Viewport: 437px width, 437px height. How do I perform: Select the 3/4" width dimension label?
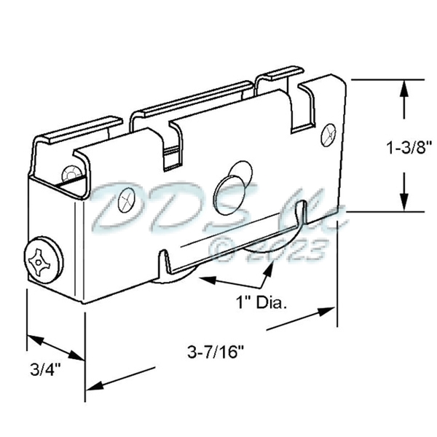click(45, 368)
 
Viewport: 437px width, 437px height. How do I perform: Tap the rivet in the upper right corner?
click(326, 133)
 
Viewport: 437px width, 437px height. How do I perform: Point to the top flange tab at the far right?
click(280, 73)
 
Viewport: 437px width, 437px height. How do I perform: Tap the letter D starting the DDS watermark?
click(117, 204)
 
